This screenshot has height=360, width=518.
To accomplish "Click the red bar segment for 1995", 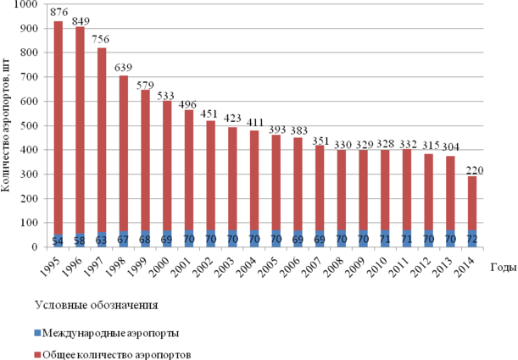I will coord(58,127).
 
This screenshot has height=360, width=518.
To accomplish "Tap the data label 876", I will coord(58,13).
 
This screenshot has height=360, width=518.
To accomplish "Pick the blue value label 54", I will coord(58,241).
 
